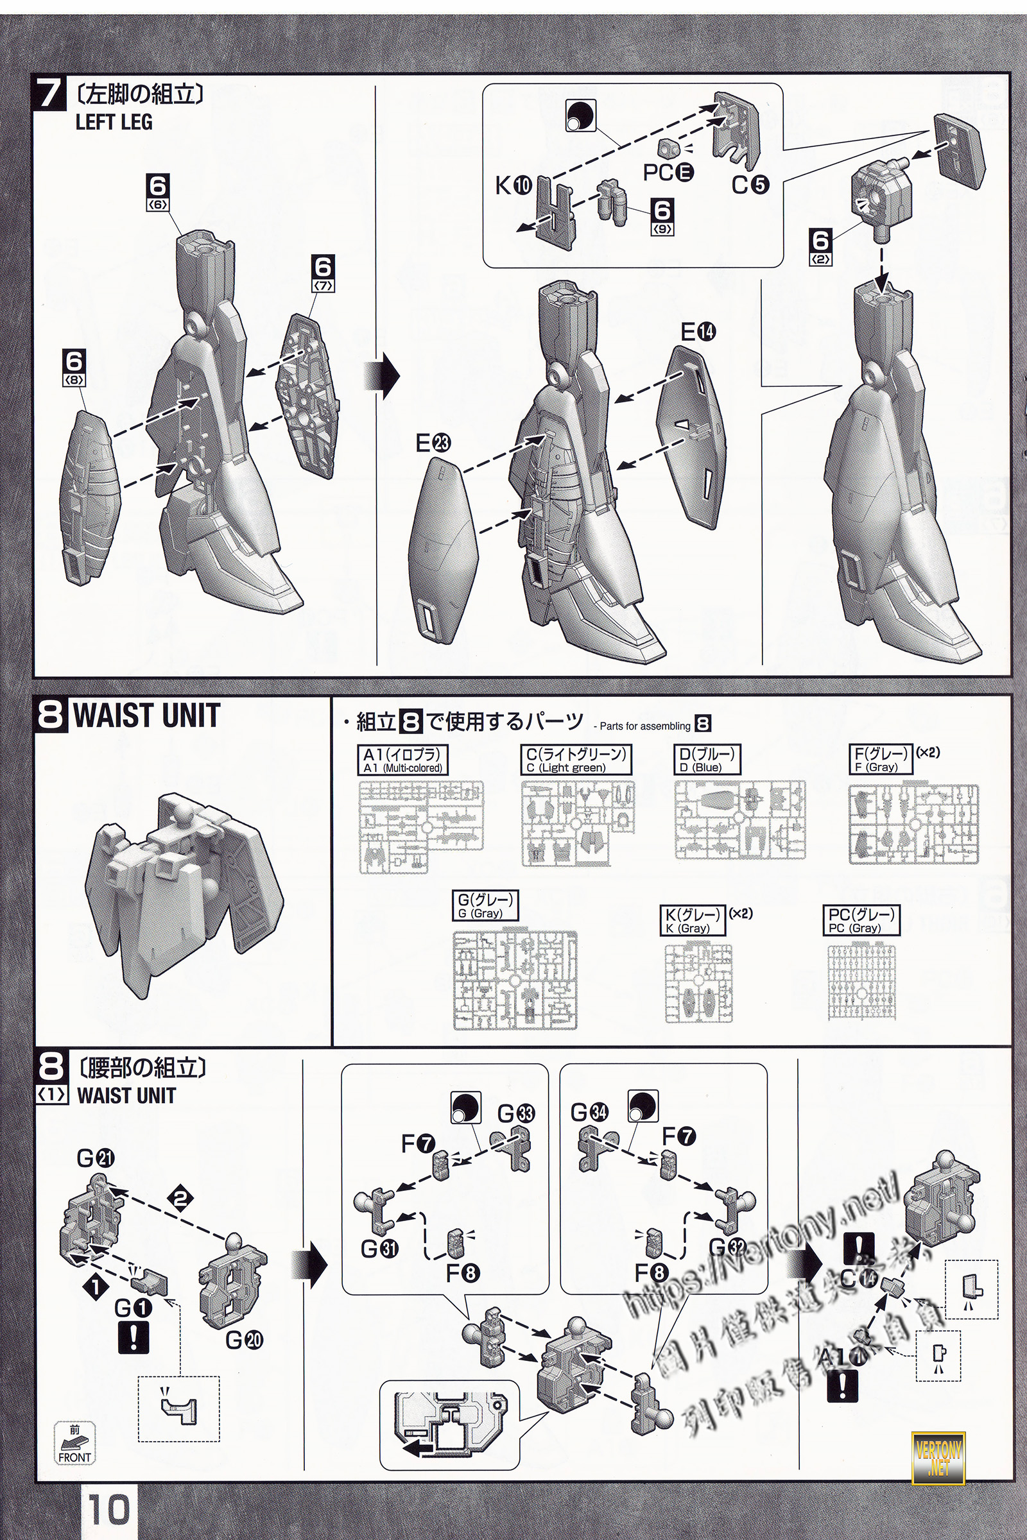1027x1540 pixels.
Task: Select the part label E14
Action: (x=698, y=332)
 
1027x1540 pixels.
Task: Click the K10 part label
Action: (x=513, y=186)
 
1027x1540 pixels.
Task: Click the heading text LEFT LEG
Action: (x=114, y=122)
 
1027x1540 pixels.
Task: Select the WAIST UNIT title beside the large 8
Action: (x=147, y=715)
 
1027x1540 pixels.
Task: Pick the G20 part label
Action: (x=245, y=1340)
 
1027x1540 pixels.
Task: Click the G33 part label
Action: (x=516, y=1113)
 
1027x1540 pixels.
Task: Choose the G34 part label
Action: (x=589, y=1112)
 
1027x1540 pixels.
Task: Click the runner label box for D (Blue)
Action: (x=707, y=760)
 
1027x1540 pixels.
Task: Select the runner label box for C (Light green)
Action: (x=576, y=760)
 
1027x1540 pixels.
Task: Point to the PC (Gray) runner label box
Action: (x=863, y=920)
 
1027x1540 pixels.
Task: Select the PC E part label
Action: (x=668, y=172)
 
